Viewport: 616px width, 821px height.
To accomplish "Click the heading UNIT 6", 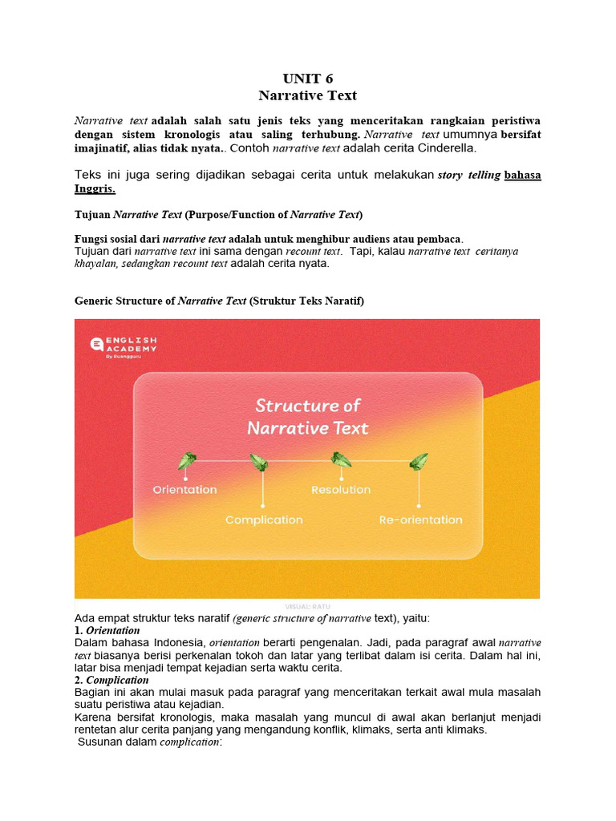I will [x=307, y=78].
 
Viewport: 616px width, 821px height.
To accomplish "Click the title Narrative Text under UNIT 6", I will [x=307, y=95].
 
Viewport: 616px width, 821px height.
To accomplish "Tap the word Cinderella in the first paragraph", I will [x=446, y=148].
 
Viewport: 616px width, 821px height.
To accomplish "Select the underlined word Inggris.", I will [x=95, y=189].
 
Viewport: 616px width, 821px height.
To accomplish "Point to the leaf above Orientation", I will [x=187, y=461].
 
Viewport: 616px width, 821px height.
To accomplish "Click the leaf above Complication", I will [x=258, y=463].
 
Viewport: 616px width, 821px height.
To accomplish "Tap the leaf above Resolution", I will [x=341, y=460].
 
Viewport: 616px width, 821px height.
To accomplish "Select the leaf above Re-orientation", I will [x=419, y=462].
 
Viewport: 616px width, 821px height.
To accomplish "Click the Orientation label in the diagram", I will [x=185, y=490].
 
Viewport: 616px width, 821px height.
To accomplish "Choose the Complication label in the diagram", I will [x=264, y=520].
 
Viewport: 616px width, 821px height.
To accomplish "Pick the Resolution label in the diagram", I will [x=341, y=490].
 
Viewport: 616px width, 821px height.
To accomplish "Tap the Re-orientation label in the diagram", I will [x=420, y=520].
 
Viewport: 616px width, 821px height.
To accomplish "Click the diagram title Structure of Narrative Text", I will [x=308, y=416].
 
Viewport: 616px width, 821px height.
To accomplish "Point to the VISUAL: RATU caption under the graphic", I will [x=307, y=607].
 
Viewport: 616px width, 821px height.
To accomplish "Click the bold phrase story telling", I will [x=468, y=176].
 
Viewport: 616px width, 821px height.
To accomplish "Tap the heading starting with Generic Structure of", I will [x=219, y=301].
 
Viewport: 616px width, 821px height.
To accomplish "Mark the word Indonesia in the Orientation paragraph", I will [x=179, y=643].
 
